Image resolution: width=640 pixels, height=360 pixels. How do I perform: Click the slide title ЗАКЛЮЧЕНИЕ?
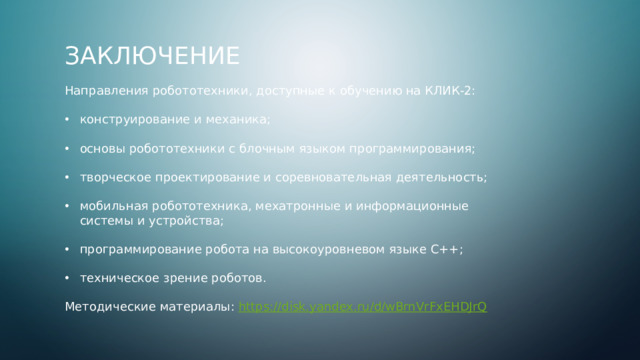click(x=152, y=55)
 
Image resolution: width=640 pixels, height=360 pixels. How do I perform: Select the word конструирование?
click(x=130, y=119)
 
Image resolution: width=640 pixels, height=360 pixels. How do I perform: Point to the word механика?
click(x=237, y=119)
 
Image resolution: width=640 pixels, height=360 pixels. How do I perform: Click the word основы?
click(x=102, y=148)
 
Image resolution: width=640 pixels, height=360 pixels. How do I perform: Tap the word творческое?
click(x=118, y=177)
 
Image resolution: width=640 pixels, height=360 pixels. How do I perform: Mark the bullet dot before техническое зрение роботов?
click(x=68, y=278)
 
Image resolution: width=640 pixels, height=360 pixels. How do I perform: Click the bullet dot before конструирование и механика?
click(x=68, y=119)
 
